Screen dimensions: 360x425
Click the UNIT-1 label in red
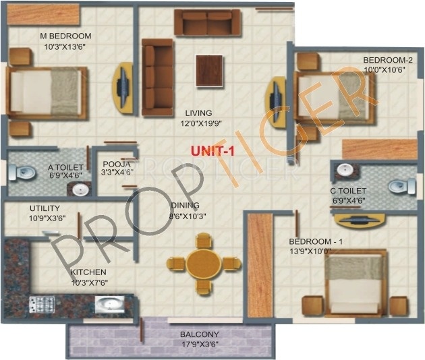[212, 152]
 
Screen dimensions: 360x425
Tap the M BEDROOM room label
[65, 36]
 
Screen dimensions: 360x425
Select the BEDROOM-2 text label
[388, 59]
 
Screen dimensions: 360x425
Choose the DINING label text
[183, 206]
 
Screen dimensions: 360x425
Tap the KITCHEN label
[89, 272]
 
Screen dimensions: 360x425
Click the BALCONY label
[199, 334]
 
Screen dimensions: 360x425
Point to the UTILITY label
[45, 208]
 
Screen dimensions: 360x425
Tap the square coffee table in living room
[209, 69]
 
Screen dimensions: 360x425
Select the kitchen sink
[108, 304]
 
